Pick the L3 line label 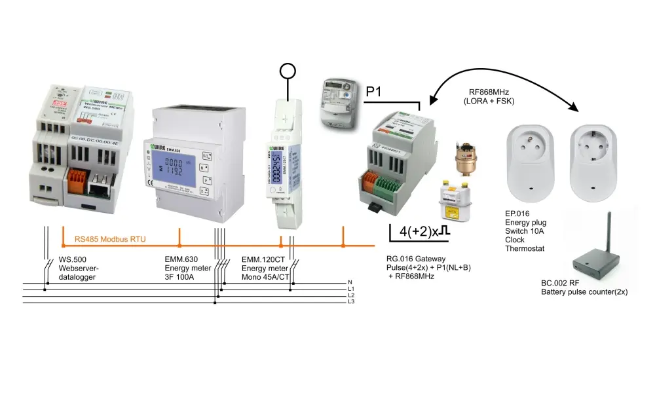[x=351, y=303]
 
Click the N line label [x=350, y=282]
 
